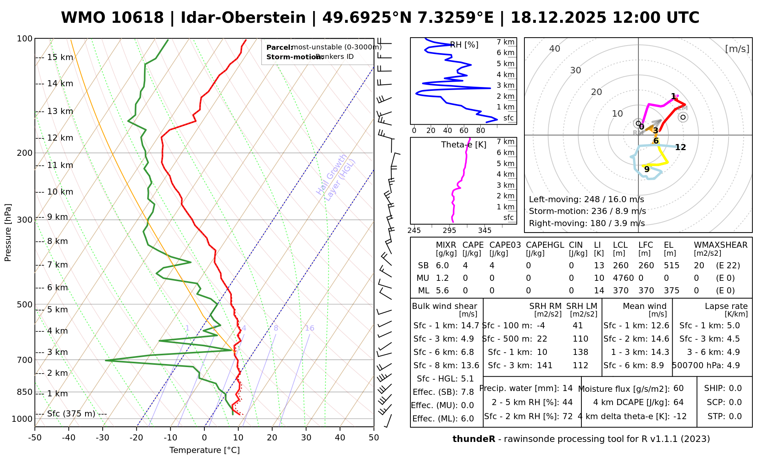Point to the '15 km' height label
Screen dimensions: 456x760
click(60, 57)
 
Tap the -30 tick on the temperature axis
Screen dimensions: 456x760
click(103, 438)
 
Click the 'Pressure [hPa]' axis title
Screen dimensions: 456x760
click(8, 233)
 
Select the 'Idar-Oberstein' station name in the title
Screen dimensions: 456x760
click(243, 18)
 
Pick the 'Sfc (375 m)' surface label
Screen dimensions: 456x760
click(71, 413)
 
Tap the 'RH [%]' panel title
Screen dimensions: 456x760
click(464, 45)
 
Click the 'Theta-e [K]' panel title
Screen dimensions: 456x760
click(464, 145)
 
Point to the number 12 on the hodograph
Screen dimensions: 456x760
click(680, 147)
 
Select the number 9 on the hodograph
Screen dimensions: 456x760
click(647, 169)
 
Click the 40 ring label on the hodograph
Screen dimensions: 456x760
click(555, 49)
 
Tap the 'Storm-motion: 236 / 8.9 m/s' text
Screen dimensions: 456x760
click(587, 211)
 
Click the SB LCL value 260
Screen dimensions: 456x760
click(621, 266)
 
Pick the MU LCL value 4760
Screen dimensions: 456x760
click(623, 278)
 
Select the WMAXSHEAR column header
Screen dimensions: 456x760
click(720, 245)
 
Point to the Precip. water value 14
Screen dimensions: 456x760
click(567, 388)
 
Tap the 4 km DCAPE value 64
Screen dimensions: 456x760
click(678, 402)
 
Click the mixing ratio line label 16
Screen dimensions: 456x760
click(309, 328)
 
